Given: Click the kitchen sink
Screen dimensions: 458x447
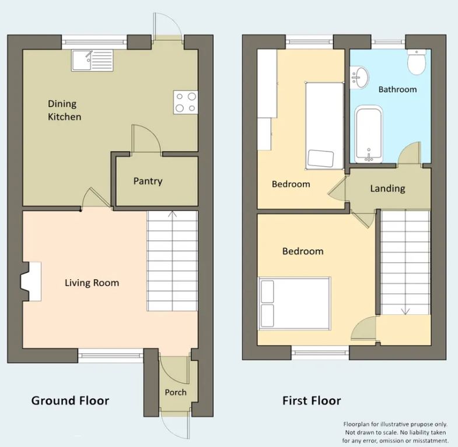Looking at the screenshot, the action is coord(92,61).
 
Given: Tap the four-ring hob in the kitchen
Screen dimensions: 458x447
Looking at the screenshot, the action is coord(186,102).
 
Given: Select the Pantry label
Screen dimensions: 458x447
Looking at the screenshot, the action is coord(148,181).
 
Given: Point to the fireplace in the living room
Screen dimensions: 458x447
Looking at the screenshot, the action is coord(31,281).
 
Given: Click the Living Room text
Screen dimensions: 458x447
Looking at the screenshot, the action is coord(92,283).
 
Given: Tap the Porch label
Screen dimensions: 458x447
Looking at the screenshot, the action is coord(176,392).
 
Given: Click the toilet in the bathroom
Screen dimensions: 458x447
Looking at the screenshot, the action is coord(416,62).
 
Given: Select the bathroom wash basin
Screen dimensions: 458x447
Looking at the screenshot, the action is coord(359,78).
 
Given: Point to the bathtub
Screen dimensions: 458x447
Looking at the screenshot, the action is coord(369,134).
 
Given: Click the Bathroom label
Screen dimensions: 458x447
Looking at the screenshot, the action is coord(397,89).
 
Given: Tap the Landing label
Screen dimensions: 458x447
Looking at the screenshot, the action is coord(387,188).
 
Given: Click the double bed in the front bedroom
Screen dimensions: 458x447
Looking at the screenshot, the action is coord(295,304).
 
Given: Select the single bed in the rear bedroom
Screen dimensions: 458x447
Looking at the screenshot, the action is coord(324,126).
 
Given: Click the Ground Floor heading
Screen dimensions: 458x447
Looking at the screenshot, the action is coord(70,400).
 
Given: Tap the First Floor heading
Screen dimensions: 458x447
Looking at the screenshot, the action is coord(312,400).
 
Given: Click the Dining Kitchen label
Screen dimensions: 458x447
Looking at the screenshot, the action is coord(64,110).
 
